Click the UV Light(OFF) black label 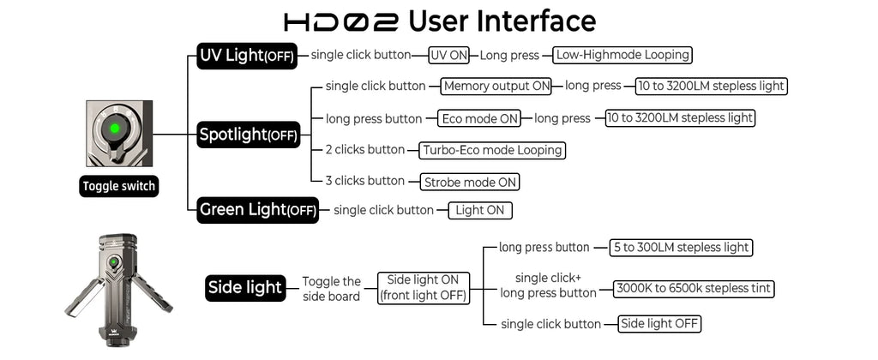click(x=247, y=56)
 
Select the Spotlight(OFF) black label click(x=249, y=135)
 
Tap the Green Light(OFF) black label click(x=257, y=210)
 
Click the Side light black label click(x=244, y=287)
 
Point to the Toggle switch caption click(x=118, y=186)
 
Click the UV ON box click(x=449, y=56)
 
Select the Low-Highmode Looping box click(x=622, y=56)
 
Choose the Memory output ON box click(x=496, y=87)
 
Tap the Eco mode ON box click(x=478, y=118)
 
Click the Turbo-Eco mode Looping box click(x=492, y=150)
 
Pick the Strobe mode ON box click(x=470, y=182)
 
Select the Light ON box click(x=480, y=211)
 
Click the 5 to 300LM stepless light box click(x=681, y=248)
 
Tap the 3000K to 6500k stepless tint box click(x=694, y=289)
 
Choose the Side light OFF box click(x=659, y=324)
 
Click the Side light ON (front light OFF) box click(x=423, y=288)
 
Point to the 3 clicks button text click(x=365, y=181)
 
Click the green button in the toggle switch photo click(x=114, y=129)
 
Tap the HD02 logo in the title click(x=341, y=21)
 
